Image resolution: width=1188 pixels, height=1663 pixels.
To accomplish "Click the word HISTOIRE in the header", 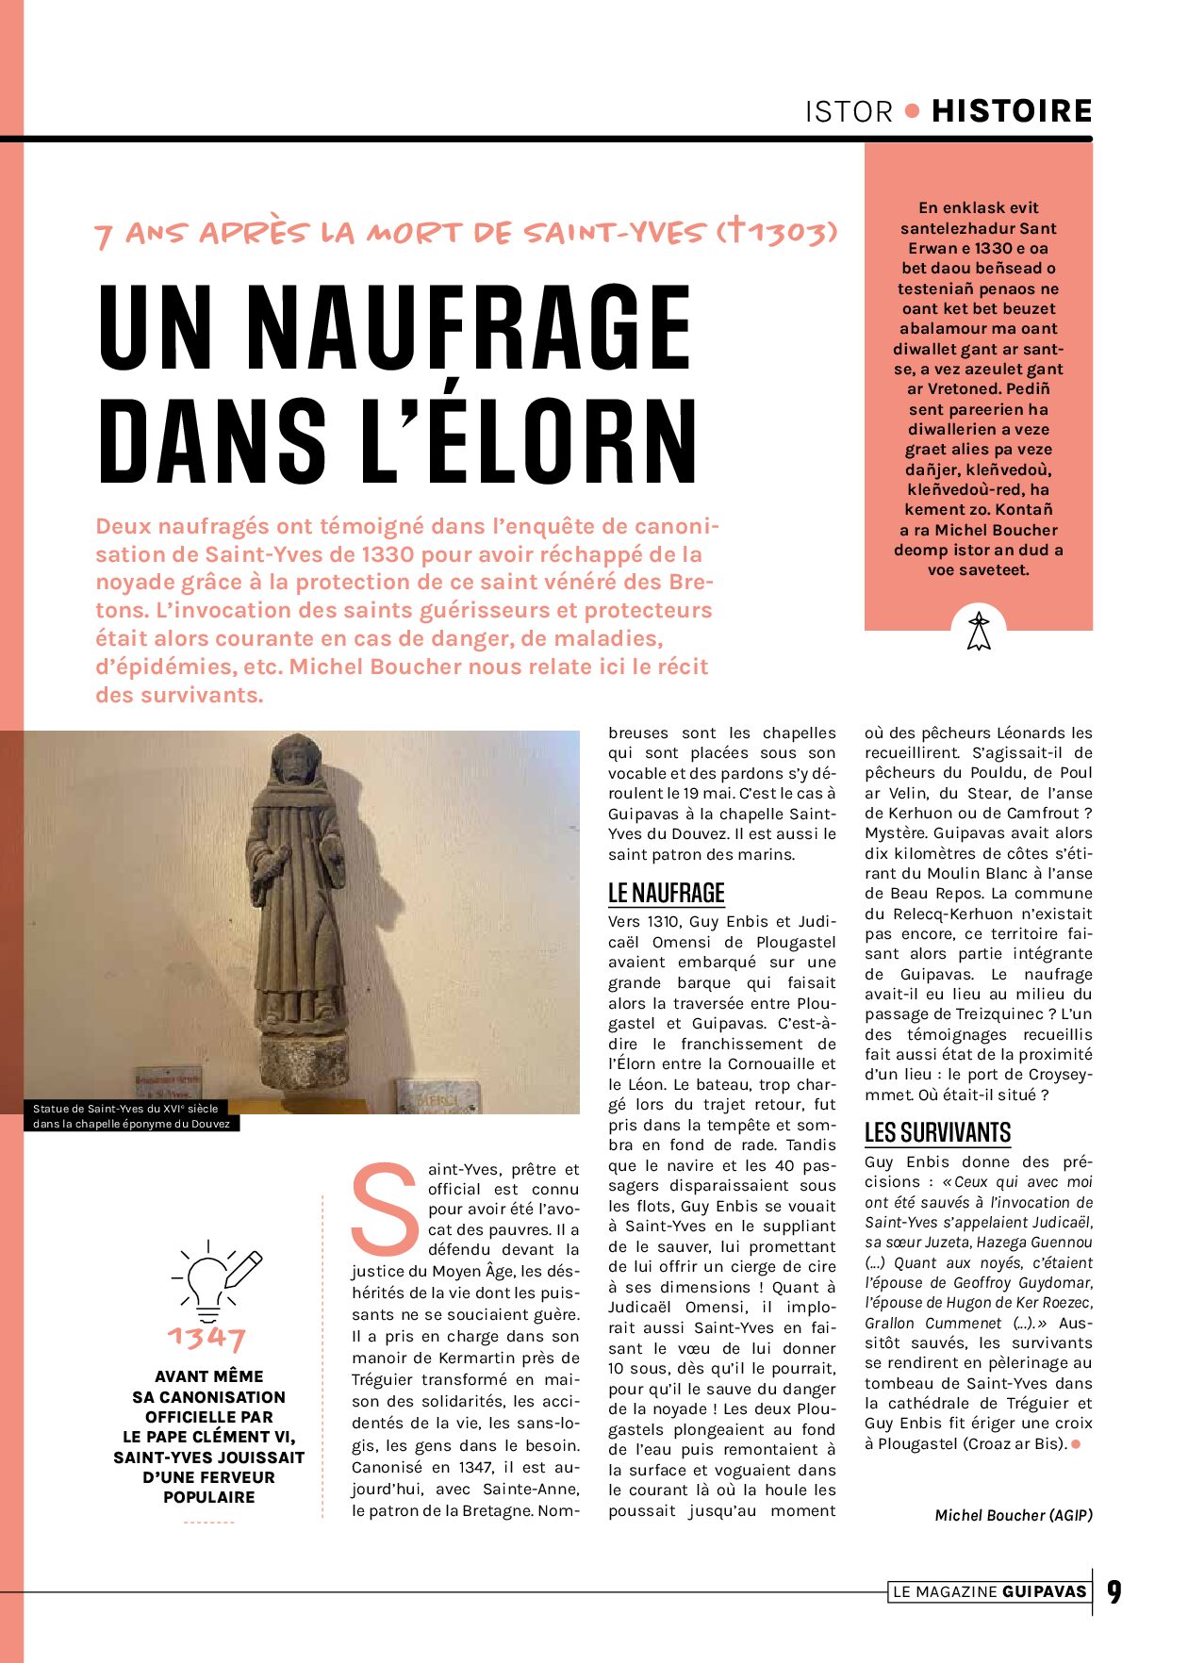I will pos(1012,111).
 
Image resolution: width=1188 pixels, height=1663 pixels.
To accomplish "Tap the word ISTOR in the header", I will pos(849,112).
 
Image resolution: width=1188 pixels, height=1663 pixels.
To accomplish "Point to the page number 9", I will pos(1114,1592).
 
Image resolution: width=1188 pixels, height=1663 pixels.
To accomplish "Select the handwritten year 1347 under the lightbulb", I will pos(206,1338).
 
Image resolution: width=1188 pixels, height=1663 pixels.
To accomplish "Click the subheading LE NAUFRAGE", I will pos(666,893).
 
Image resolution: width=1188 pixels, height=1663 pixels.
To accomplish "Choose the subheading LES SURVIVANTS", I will pos(937,1132).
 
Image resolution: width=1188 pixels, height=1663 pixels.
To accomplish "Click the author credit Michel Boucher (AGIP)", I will pos(1013,1515).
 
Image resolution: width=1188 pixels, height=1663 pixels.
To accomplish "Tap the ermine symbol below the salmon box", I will pos(979,631).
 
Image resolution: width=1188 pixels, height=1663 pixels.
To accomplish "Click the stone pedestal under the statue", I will pos(302,1064).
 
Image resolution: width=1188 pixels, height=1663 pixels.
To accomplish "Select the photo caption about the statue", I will pos(131,1116).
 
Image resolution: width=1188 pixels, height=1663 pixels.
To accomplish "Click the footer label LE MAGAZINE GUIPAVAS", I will pos(989,1592).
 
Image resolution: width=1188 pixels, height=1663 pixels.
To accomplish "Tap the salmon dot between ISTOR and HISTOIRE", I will pos(912,111).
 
